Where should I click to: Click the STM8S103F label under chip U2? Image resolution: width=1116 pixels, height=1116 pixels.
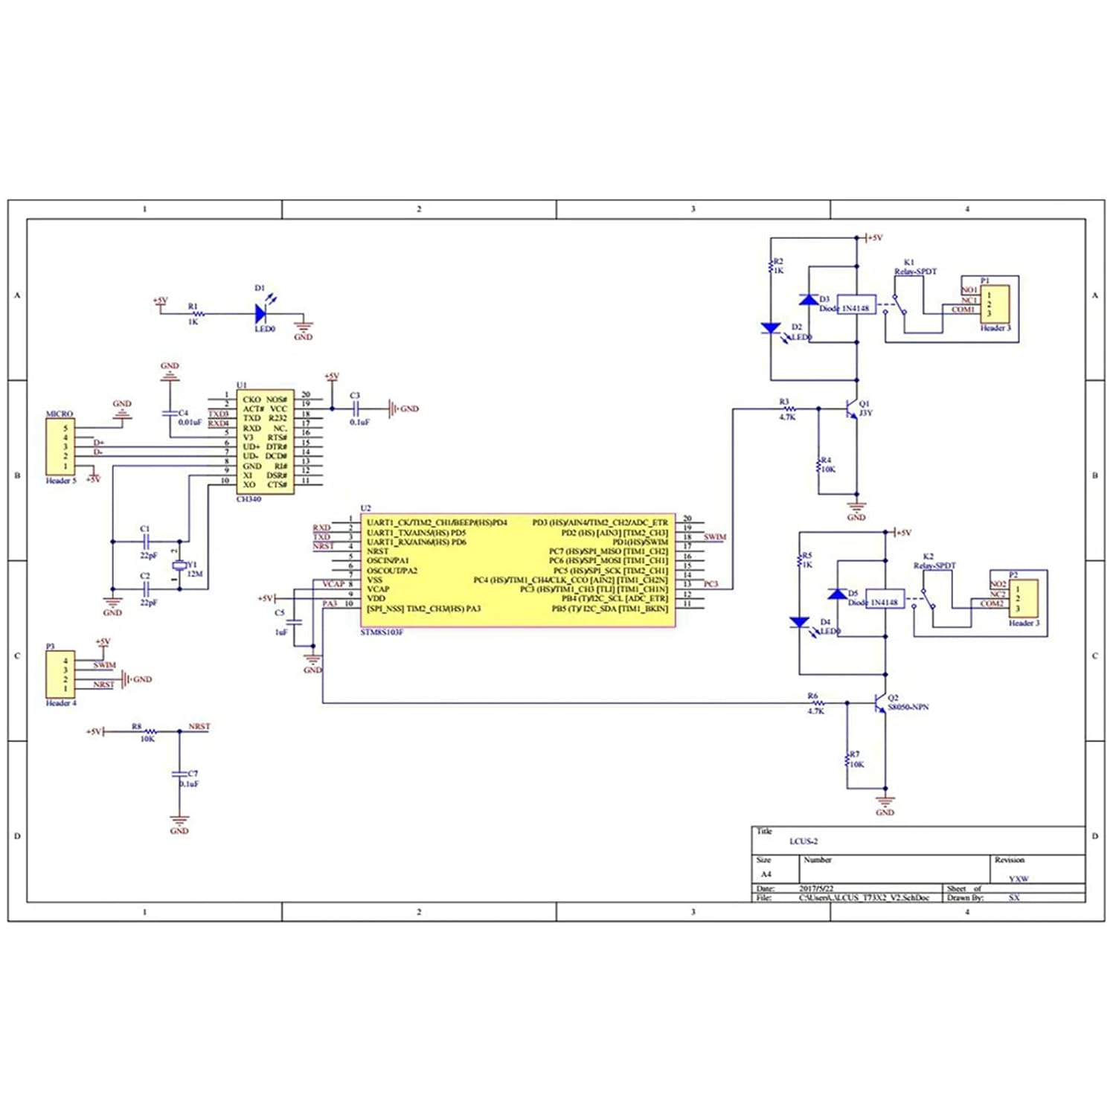pyautogui.click(x=382, y=632)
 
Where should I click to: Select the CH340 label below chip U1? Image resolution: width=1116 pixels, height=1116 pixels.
pyautogui.click(x=248, y=499)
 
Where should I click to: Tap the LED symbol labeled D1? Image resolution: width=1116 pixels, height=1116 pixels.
pyautogui.click(x=261, y=314)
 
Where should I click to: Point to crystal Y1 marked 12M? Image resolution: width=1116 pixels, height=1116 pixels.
pyautogui.click(x=179, y=566)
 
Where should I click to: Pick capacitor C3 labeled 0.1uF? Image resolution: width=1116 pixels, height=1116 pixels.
pyautogui.click(x=356, y=408)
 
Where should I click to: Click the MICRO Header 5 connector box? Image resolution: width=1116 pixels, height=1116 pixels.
pyautogui.click(x=60, y=446)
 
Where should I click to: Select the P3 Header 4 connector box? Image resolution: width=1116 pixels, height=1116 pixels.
pyautogui.click(x=60, y=674)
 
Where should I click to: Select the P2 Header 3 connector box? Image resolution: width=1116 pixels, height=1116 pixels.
pyautogui.click(x=1023, y=598)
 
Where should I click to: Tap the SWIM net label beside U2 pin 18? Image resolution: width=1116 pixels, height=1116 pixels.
pyautogui.click(x=714, y=537)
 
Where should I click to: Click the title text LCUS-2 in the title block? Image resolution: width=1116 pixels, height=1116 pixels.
pyautogui.click(x=804, y=841)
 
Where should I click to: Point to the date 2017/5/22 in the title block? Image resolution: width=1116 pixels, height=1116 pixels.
pyautogui.click(x=816, y=888)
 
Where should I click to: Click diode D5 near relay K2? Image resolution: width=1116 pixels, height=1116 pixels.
pyautogui.click(x=837, y=594)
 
